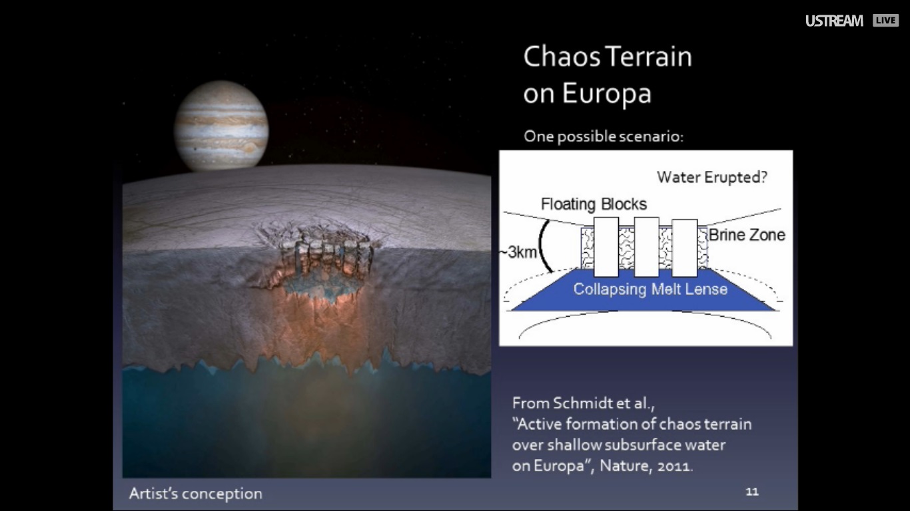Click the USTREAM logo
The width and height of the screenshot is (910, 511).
835,21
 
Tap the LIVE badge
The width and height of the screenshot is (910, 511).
885,21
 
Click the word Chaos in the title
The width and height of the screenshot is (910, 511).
562,57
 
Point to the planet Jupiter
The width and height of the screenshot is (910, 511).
221,126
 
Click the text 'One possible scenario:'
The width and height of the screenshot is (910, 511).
604,136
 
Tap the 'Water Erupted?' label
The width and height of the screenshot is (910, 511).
712,177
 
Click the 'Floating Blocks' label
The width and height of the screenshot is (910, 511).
594,204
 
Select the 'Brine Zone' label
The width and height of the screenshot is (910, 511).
747,235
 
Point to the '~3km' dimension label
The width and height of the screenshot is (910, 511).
519,252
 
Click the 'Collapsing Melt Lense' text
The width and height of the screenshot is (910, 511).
650,289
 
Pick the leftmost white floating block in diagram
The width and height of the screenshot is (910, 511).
606,247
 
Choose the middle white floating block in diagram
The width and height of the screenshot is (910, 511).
646,247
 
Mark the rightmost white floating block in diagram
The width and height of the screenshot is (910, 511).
685,248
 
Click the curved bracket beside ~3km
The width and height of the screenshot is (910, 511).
541,246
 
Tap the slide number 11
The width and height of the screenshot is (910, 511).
752,492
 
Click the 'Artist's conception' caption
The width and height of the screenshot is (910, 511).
196,494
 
